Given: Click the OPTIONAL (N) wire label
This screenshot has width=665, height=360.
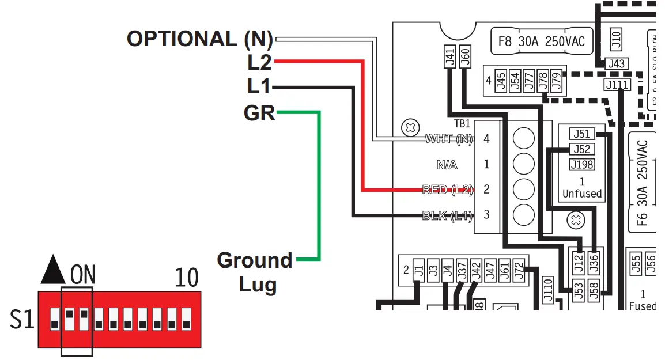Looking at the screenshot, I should (200, 39).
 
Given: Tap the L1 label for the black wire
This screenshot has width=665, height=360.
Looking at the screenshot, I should (258, 88).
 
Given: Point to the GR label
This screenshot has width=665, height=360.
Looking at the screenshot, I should (259, 113).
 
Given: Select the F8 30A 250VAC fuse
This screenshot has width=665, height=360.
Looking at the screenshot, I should (541, 41).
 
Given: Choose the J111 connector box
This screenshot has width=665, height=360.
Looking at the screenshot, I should (617, 85).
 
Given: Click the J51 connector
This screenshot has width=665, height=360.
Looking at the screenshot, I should (581, 134).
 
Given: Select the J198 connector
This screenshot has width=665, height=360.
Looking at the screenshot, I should (581, 165).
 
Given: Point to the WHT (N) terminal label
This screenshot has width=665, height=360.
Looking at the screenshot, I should (448, 139).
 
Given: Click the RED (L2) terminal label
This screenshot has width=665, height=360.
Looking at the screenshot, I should (447, 189).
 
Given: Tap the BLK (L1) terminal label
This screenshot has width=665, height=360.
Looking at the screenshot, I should (447, 215).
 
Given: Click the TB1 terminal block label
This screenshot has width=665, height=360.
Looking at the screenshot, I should (462, 123).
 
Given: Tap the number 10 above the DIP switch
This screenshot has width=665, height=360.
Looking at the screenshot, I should (186, 278).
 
